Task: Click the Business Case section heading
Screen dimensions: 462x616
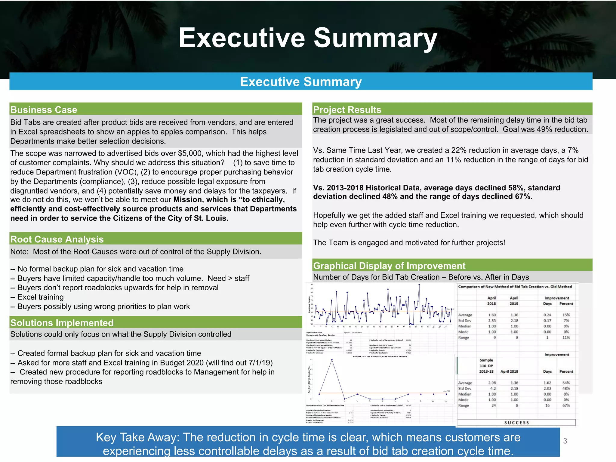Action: (x=44, y=110)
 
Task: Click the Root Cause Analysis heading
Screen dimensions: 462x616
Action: (x=57, y=239)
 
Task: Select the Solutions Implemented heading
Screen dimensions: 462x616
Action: (x=62, y=323)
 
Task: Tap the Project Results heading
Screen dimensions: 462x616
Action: (x=347, y=110)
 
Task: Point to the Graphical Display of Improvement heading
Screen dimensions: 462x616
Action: (x=389, y=266)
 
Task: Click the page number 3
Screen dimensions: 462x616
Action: (x=565, y=441)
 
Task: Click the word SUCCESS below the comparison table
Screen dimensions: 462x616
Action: (x=516, y=423)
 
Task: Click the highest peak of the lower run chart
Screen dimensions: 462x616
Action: (x=332, y=360)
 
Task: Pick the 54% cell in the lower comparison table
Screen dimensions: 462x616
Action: (x=566, y=383)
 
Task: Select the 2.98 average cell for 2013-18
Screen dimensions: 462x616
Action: (x=492, y=383)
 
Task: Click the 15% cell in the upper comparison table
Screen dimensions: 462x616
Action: (x=566, y=315)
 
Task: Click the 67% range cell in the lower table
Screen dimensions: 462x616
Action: (x=566, y=405)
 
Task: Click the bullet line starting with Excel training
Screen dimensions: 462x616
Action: (x=40, y=297)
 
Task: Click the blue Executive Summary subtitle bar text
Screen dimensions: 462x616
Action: (x=301, y=82)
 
